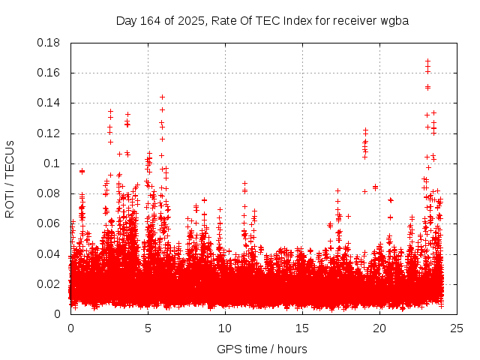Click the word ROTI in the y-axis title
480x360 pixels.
coord(10,203)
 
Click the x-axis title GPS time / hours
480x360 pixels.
coord(262,349)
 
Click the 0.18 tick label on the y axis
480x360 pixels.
coord(49,43)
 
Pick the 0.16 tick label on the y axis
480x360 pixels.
coord(49,73)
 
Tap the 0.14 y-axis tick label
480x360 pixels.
coord(49,103)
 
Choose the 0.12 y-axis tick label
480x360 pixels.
coord(49,133)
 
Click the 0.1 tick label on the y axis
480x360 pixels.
coord(52,163)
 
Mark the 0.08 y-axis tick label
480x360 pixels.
coord(49,193)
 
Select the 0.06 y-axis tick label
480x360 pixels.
coord(49,223)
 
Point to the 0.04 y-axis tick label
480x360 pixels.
coord(49,253)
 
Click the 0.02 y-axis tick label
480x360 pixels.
coord(49,283)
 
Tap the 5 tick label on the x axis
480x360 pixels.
coord(148,328)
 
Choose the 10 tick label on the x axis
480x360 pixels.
coord(225,328)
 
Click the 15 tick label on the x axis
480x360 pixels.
coord(302,328)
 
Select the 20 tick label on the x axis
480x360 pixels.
coord(379,328)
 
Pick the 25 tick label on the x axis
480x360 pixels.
coord(457,328)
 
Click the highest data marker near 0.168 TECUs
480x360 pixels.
coord(427,61)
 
